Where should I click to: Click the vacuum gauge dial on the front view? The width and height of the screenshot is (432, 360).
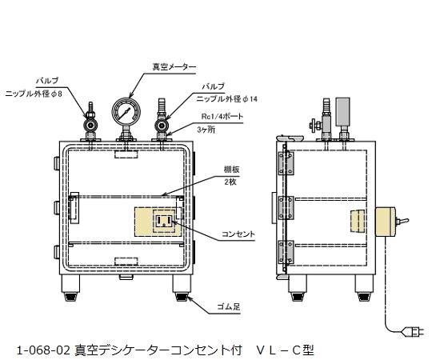click(x=124, y=111)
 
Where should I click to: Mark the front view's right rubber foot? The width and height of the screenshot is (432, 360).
click(x=180, y=293)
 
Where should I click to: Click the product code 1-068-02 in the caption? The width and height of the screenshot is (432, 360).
click(x=43, y=350)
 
